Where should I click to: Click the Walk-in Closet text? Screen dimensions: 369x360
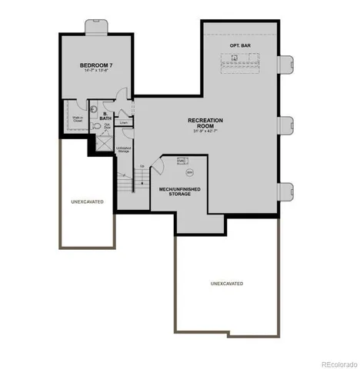(x=78, y=119)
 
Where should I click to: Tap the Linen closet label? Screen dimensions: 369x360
(x=123, y=122)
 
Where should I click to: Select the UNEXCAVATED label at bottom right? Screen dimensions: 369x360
(x=228, y=284)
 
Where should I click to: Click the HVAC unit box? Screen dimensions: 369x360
(x=182, y=161)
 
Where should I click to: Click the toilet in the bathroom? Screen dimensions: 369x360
(x=94, y=127)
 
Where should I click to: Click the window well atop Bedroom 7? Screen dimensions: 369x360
(x=97, y=27)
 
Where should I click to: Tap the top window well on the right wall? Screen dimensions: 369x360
(x=288, y=65)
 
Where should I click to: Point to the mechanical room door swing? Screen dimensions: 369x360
(x=158, y=165)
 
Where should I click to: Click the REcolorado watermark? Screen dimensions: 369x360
(x=339, y=362)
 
